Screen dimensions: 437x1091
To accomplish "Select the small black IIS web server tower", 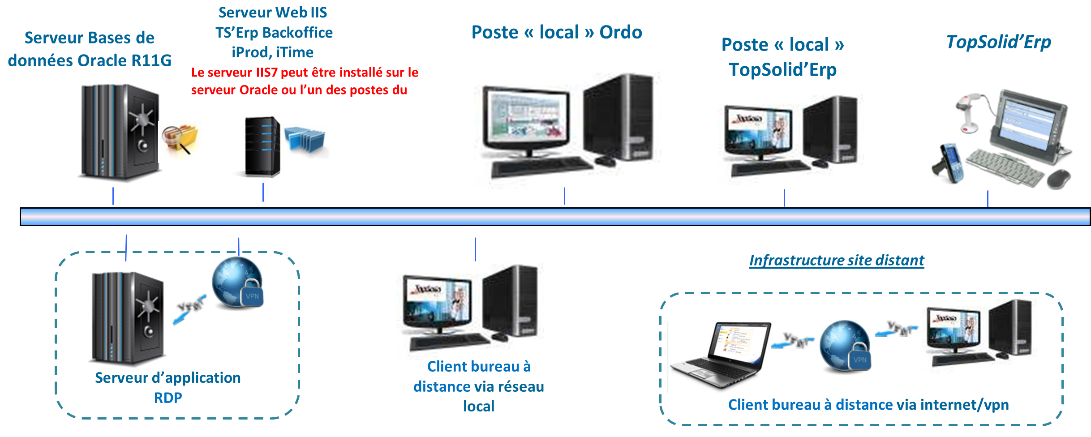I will tap(262, 147).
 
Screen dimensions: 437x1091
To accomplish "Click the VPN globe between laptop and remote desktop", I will tap(845, 346).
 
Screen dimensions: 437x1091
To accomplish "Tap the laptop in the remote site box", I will tap(718, 356).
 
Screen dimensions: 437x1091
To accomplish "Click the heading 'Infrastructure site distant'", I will tap(837, 261).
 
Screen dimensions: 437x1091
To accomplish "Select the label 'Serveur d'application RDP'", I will tap(168, 387).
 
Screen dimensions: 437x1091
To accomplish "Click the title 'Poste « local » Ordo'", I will tap(557, 32).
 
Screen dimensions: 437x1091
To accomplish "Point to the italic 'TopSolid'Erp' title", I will tap(998, 42).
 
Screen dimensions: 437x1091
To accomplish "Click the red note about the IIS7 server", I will tap(304, 81).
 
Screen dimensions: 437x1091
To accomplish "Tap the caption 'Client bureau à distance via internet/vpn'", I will tap(868, 405).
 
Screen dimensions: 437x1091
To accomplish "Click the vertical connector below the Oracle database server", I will tap(113, 196).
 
